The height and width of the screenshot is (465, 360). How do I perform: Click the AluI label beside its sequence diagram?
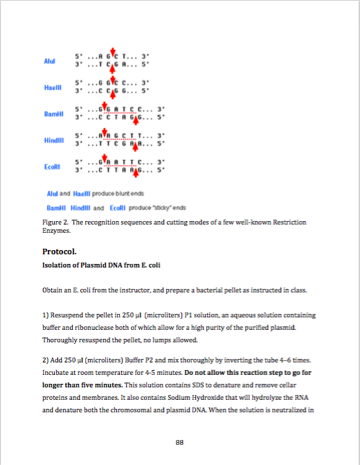(49, 61)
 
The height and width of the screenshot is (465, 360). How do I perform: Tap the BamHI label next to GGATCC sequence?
(53, 113)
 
